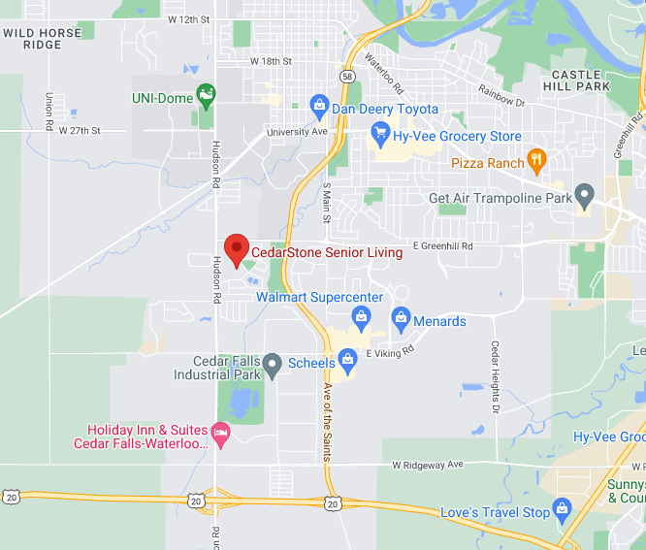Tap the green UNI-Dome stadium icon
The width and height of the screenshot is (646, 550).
(206, 95)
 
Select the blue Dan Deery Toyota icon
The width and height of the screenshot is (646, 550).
(319, 105)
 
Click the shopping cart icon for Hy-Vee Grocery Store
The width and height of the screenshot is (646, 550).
(380, 132)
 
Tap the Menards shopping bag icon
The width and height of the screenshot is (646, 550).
(401, 317)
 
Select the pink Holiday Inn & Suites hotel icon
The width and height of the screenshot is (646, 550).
(220, 432)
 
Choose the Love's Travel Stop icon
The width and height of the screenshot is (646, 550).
(562, 508)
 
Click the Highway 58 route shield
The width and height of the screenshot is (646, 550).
(347, 73)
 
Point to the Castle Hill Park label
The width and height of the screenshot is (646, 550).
(581, 80)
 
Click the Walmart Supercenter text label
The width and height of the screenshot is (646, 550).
(319, 297)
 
